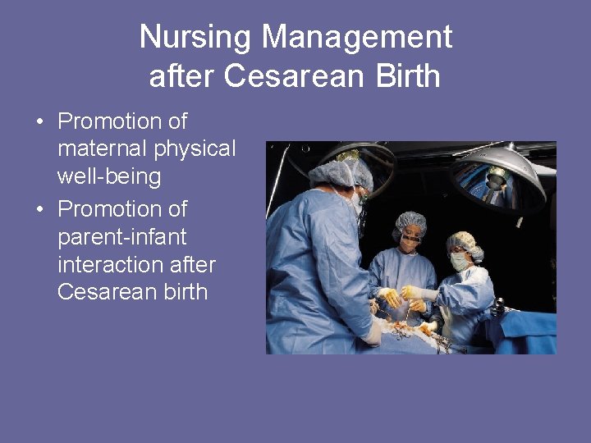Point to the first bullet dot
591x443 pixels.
pos(39,122)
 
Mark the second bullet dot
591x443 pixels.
pos(39,210)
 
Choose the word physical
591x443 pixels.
pos(195,149)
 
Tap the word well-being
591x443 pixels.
pos(108,176)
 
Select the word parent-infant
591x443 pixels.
pos(122,237)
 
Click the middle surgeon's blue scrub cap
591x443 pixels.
pos(410,222)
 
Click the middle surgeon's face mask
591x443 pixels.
pos(410,245)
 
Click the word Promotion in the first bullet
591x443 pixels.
pos(122,121)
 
